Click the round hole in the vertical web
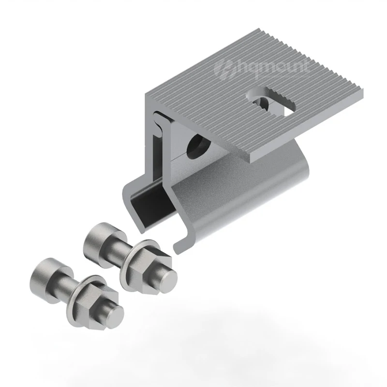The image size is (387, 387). (198, 146)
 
